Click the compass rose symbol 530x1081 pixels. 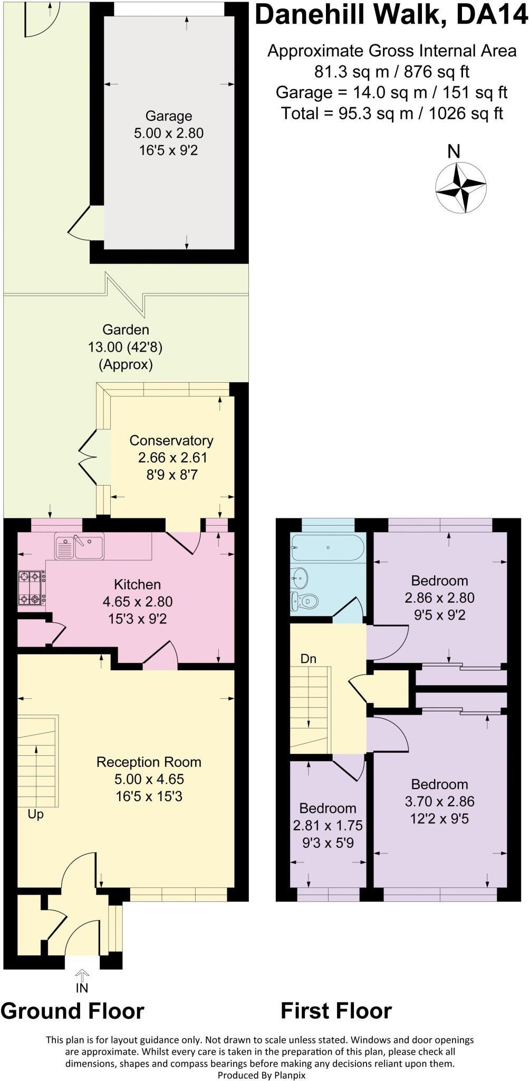click(460, 187)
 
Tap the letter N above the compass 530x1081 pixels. click(454, 151)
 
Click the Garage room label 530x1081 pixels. click(169, 116)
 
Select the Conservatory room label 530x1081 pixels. click(171, 440)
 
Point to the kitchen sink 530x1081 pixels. click(79, 546)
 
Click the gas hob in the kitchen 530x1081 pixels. click(31, 587)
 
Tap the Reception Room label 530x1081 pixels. click(149, 762)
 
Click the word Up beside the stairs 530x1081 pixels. click(35, 814)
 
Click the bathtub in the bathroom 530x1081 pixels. click(327, 548)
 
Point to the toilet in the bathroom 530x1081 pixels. click(305, 601)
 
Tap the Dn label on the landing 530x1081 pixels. click(309, 659)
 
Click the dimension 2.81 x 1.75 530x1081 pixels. click(327, 826)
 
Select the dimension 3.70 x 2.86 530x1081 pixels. click(439, 801)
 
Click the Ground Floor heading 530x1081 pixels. click(72, 1011)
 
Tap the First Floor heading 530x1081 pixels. click(336, 1011)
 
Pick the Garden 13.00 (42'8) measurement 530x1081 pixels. click(126, 347)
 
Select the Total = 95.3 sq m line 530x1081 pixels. click(391, 113)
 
